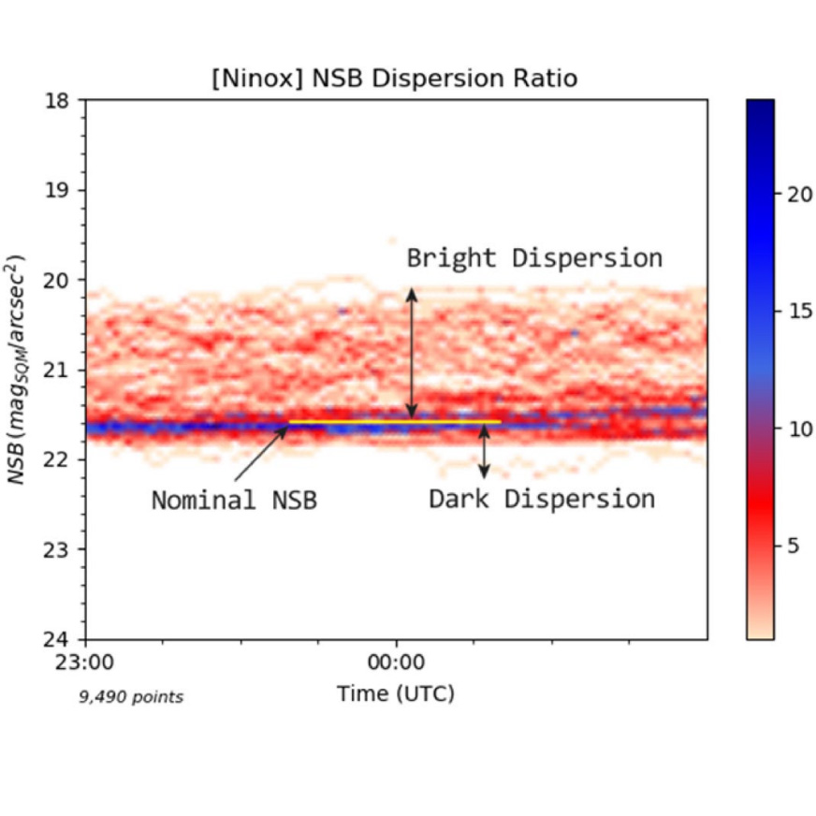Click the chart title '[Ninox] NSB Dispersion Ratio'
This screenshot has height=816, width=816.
coord(394,79)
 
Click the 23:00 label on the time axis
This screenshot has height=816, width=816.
coord(86,663)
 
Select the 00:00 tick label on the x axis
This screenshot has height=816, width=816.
coord(397,663)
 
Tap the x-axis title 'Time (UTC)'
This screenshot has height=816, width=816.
coord(396,693)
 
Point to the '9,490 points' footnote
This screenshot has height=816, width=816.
coord(130,697)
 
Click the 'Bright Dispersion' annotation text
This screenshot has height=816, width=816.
coord(534,257)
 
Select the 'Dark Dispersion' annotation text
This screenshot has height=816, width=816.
coord(542,499)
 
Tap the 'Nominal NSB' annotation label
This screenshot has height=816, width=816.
coord(234,501)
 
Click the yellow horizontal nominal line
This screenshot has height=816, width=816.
coord(394,422)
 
